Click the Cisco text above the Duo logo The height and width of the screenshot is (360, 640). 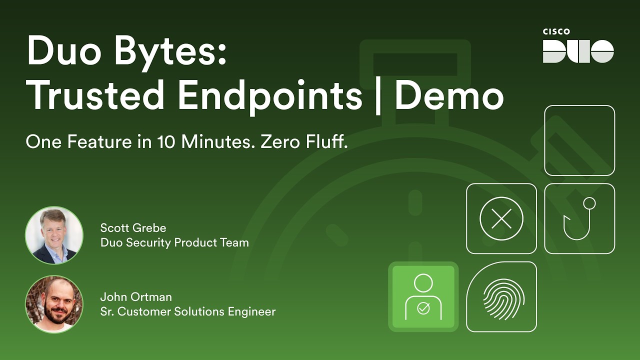point(556,32)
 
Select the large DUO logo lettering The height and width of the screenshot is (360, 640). point(578,51)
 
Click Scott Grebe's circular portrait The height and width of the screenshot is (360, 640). point(54,235)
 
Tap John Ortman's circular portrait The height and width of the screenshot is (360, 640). point(54,304)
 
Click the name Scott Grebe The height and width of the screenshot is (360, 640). point(133,228)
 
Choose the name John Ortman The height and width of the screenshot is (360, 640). point(136,297)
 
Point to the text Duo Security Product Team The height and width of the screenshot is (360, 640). point(174,243)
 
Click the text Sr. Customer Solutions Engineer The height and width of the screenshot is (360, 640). point(188,312)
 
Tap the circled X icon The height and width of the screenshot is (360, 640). point(501,218)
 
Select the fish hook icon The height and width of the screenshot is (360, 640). point(579,218)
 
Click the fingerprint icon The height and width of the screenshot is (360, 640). point(501,296)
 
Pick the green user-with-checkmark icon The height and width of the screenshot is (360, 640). point(423,296)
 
